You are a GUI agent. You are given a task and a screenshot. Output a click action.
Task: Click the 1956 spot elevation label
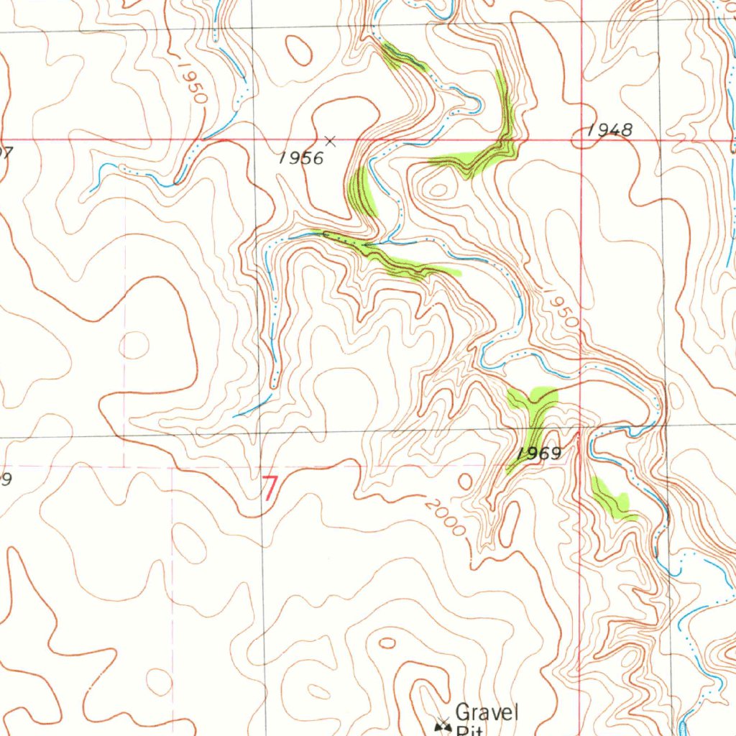(x=301, y=158)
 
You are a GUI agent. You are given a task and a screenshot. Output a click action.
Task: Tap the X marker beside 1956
(x=331, y=141)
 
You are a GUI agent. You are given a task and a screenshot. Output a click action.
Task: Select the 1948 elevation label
(x=609, y=130)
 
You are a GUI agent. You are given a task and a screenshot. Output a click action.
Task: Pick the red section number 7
(x=270, y=489)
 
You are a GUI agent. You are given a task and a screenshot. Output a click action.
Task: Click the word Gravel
(x=487, y=713)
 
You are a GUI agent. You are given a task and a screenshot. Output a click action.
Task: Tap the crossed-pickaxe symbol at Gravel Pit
(x=443, y=728)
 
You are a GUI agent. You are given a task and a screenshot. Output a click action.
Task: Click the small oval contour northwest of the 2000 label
(x=466, y=481)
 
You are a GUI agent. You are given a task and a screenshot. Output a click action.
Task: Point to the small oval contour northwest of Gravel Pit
(x=387, y=643)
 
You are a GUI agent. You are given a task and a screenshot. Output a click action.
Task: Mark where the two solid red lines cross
(x=581, y=139)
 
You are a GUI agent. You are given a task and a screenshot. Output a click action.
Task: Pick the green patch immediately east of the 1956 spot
(x=361, y=190)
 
